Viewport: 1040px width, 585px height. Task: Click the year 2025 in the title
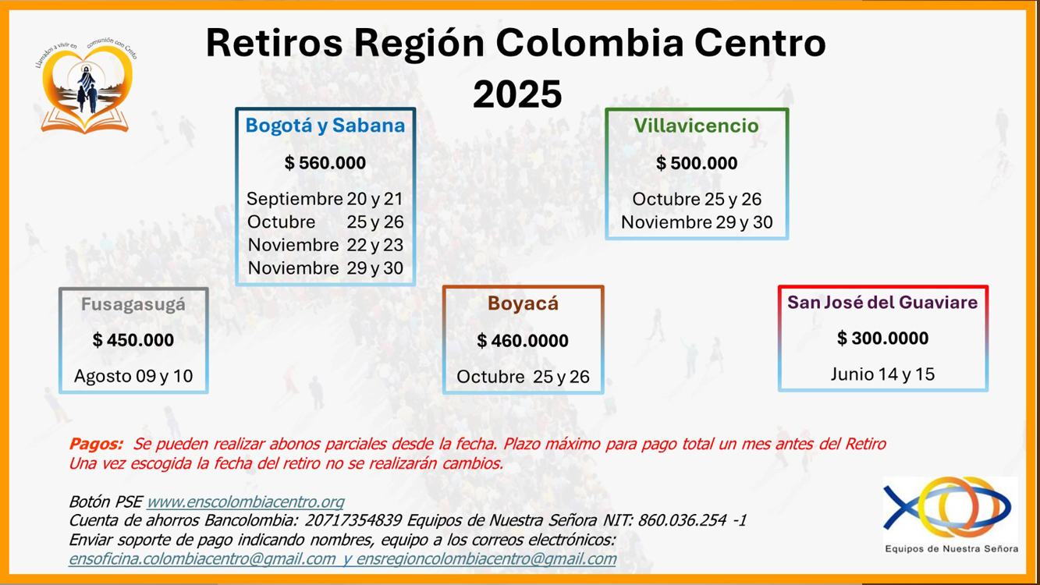click(517, 94)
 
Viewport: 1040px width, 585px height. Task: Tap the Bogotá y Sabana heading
click(325, 126)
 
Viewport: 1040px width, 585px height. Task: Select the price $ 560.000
click(325, 163)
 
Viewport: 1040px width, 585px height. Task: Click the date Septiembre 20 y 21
click(325, 199)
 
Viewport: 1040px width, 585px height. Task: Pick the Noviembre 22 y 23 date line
click(325, 245)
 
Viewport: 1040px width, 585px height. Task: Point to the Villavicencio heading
click(697, 126)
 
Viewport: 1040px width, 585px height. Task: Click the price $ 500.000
click(697, 164)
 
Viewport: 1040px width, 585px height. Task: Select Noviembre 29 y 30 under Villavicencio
click(697, 222)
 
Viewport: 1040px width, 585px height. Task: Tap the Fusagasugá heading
click(133, 304)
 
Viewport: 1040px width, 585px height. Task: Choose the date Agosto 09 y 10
click(133, 376)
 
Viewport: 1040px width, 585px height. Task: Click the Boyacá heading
click(523, 303)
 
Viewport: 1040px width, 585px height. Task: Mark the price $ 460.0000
click(523, 341)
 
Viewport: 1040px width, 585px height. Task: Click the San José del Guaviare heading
click(882, 303)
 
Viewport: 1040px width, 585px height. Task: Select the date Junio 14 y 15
click(882, 374)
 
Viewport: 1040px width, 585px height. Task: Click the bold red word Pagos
click(96, 445)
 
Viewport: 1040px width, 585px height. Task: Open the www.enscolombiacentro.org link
click(246, 502)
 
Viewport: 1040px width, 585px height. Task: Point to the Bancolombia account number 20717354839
click(353, 520)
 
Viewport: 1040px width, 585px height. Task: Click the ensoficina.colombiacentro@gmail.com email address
click(202, 559)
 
